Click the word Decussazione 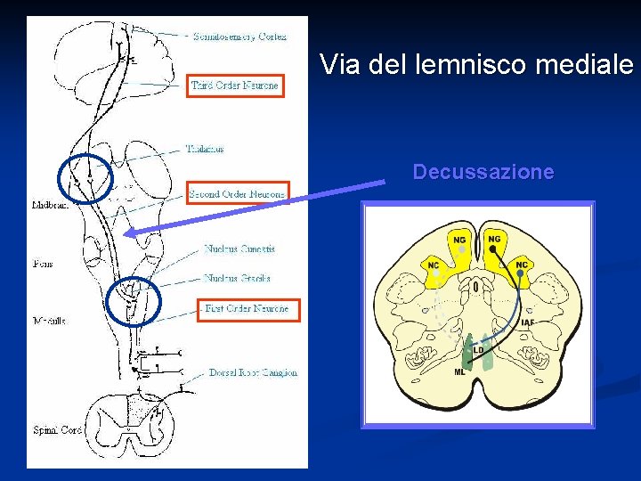pyautogui.click(x=483, y=172)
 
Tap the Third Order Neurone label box pyautogui.click(x=236, y=86)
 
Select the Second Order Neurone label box pyautogui.click(x=237, y=193)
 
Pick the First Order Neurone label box pyautogui.click(x=248, y=309)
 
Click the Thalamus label pyautogui.click(x=205, y=149)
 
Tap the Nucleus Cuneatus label pyautogui.click(x=239, y=249)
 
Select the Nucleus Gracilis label pyautogui.click(x=237, y=278)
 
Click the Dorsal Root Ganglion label pyautogui.click(x=254, y=372)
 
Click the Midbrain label pyautogui.click(x=46, y=205)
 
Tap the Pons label pyautogui.click(x=42, y=264)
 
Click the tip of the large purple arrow pyautogui.click(x=126, y=233)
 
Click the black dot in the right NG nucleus pyautogui.click(x=492, y=250)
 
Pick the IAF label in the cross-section pyautogui.click(x=528, y=322)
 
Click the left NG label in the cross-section pyautogui.click(x=459, y=239)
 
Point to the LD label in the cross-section pyautogui.click(x=478, y=350)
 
